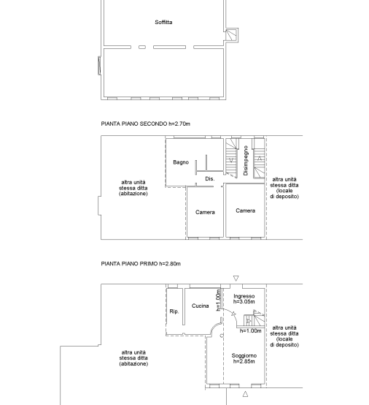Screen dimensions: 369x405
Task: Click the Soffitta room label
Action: point(163,22)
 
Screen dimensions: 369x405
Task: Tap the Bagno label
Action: point(181,162)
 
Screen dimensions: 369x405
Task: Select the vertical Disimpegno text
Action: point(246,160)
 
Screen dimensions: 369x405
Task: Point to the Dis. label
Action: point(210,178)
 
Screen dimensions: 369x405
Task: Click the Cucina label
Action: point(201,306)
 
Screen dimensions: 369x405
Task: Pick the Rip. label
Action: point(174,311)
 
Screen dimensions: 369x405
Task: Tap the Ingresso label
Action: point(244,296)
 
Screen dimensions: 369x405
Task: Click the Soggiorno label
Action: point(244,356)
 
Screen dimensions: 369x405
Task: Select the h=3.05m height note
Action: point(244,302)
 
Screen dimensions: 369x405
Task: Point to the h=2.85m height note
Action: point(244,361)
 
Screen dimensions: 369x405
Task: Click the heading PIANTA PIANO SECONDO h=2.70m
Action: point(146,124)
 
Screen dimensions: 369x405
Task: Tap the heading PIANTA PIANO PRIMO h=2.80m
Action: point(141,264)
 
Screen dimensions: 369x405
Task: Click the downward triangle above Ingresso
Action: point(236,279)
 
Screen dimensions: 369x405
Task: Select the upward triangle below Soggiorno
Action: point(245,393)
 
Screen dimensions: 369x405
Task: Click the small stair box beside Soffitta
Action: point(232,35)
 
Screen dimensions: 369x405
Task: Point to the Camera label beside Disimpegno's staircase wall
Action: point(245,211)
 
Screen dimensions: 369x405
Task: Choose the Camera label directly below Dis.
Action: point(205,212)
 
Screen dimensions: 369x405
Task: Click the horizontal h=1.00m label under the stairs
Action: point(250,331)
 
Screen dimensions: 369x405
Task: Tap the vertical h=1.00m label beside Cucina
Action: point(219,300)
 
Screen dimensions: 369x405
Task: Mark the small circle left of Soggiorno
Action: point(222,336)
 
